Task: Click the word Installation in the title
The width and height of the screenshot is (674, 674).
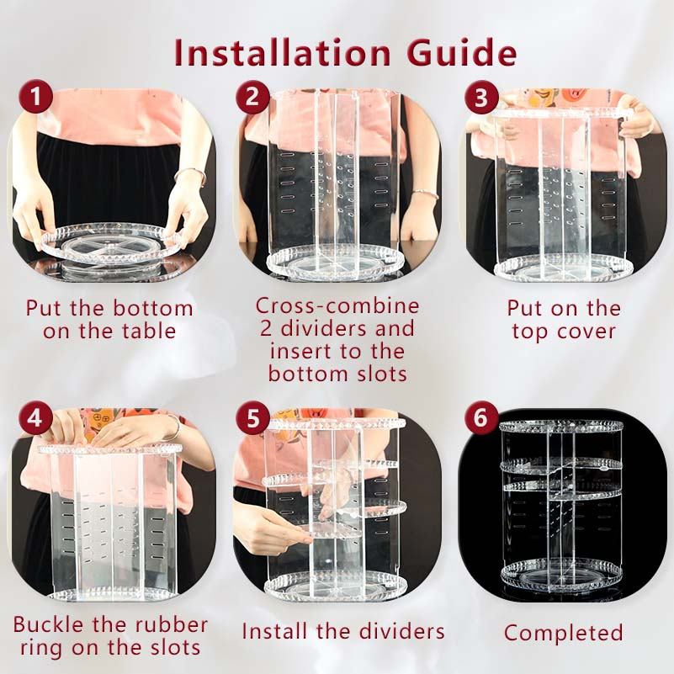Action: click(x=283, y=53)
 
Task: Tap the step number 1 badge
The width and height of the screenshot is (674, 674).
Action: click(x=35, y=96)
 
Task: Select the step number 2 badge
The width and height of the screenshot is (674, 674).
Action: click(x=252, y=96)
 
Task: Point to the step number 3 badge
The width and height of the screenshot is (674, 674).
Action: click(x=481, y=98)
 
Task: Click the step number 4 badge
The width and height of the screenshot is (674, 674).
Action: click(x=35, y=417)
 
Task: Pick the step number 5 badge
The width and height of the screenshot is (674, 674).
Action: click(x=252, y=417)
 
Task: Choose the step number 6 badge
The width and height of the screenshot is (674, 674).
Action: click(x=481, y=417)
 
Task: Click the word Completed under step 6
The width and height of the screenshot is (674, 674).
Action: click(x=564, y=633)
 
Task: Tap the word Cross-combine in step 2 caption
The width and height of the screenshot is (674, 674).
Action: click(x=337, y=306)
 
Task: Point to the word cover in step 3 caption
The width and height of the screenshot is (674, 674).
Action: click(x=592, y=332)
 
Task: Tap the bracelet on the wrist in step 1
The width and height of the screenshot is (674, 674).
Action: click(x=190, y=173)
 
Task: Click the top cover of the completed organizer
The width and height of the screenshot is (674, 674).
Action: click(x=561, y=427)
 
